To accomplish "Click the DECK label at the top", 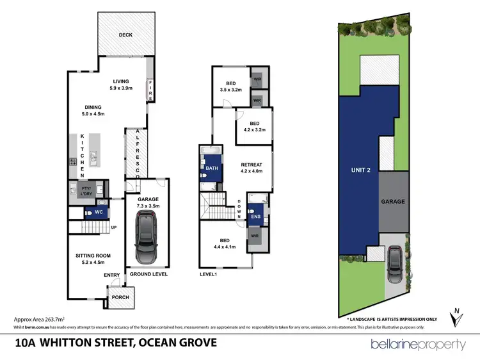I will click(x=125, y=35).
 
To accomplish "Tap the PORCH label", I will click(x=120, y=297).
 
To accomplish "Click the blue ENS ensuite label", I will click(x=255, y=216).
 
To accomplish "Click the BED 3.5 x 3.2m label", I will click(x=230, y=86).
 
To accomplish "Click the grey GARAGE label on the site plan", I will click(x=393, y=201).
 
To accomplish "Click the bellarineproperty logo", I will click(x=419, y=345).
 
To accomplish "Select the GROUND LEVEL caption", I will click(x=148, y=274).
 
